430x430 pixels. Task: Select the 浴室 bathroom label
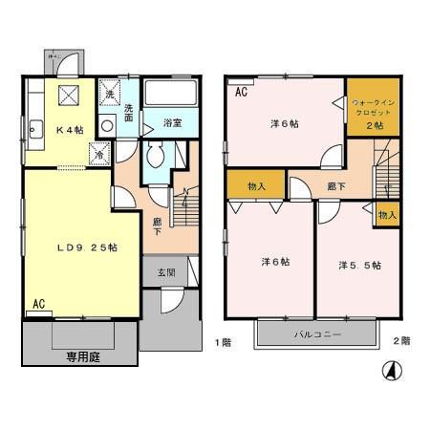172,122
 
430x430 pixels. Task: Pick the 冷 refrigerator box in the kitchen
98,153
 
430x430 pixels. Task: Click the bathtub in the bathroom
169,95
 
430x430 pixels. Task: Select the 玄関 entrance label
167,272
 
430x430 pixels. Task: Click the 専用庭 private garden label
83,358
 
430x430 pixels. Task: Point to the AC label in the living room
39,304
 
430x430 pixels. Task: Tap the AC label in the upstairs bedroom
241,92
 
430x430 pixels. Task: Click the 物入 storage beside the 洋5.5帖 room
386,216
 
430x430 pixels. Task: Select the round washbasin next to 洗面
107,123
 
